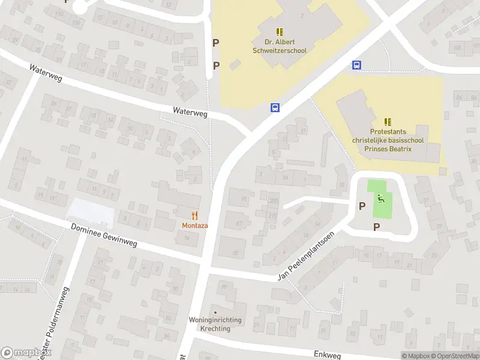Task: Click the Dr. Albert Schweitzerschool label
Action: pyautogui.click(x=286, y=46)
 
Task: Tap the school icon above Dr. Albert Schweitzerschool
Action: pyautogui.click(x=280, y=31)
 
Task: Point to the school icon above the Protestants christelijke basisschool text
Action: pyautogui.click(x=388, y=122)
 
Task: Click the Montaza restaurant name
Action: pyautogui.click(x=194, y=225)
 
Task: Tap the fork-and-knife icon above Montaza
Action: pyautogui.click(x=194, y=214)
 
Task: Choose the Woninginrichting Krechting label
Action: pyautogui.click(x=215, y=324)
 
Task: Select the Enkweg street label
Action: pyautogui.click(x=326, y=355)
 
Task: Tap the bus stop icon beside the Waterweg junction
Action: pyautogui.click(x=275, y=108)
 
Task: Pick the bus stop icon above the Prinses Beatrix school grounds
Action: pyautogui.click(x=356, y=65)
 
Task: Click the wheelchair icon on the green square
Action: pyautogui.click(x=380, y=199)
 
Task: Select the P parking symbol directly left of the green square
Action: pyautogui.click(x=362, y=206)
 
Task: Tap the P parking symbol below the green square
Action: pyautogui.click(x=377, y=226)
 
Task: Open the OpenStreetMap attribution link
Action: pyautogui.click(x=454, y=356)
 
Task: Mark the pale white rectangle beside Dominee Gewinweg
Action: pyautogui.click(x=91, y=210)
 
